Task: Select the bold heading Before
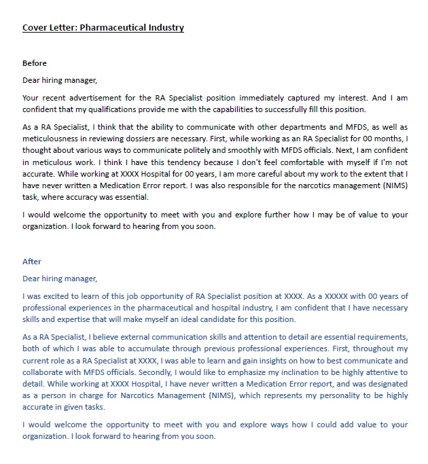coord(35,63)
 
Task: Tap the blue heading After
coord(32,262)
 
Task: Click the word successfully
coord(297,109)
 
